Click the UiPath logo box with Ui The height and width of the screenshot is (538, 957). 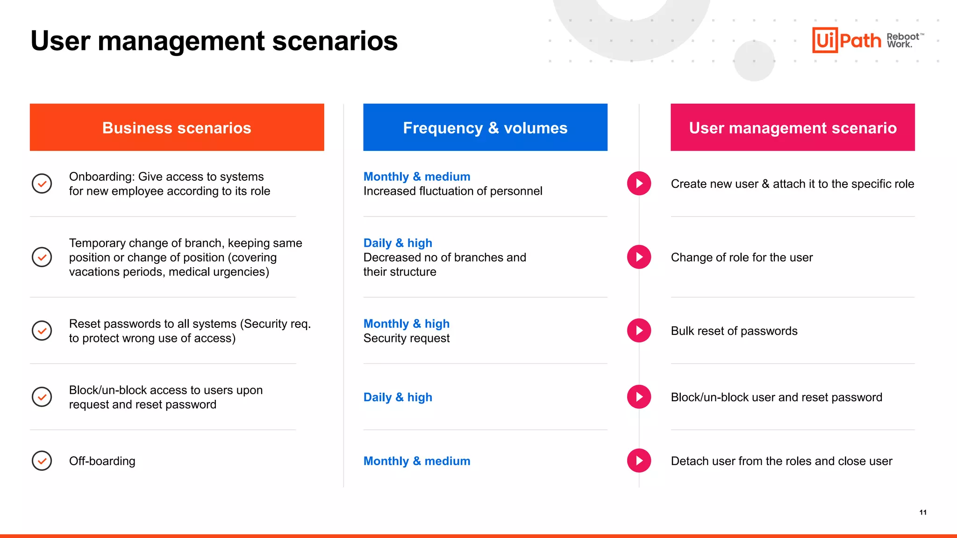point(825,40)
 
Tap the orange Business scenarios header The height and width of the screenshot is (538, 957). point(177,127)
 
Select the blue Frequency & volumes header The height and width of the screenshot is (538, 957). point(485,127)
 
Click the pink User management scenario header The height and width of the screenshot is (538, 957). point(793,127)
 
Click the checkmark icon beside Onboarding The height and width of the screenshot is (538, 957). point(42,184)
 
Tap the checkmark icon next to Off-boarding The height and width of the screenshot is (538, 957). point(42,461)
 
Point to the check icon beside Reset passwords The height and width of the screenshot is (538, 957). point(42,331)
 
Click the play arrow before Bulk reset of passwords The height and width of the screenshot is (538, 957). point(639,331)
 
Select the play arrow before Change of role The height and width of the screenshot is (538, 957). point(639,257)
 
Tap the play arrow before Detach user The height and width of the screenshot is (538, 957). point(639,461)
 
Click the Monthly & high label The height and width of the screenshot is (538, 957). point(406,324)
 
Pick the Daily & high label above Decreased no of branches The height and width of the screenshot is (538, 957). point(398,243)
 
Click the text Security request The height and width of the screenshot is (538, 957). point(406,338)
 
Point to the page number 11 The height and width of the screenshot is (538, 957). point(923,512)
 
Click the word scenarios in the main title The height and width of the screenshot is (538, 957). point(335,41)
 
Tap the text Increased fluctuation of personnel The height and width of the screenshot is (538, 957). point(452,191)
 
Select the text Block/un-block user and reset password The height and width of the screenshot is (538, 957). point(776,397)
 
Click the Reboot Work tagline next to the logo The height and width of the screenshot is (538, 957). point(903,40)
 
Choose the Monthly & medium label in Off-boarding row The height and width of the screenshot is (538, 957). point(416,461)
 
